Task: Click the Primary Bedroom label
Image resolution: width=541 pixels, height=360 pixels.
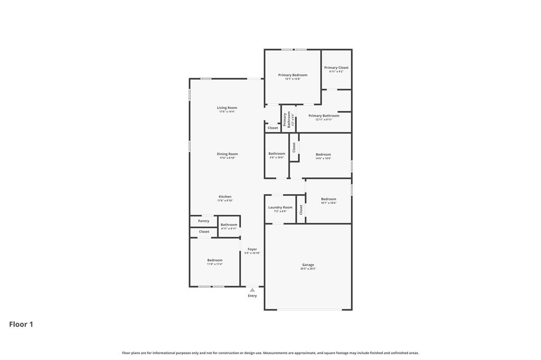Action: click(x=293, y=75)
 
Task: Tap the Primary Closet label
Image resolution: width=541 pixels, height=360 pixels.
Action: click(x=336, y=68)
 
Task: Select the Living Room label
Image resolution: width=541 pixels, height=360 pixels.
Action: click(x=227, y=108)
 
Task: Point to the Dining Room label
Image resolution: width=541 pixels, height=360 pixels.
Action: click(x=227, y=154)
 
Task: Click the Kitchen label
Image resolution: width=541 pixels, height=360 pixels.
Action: click(x=225, y=196)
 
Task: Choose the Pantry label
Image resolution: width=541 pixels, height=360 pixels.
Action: click(x=203, y=221)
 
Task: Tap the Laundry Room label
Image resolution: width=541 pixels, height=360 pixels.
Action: click(x=280, y=207)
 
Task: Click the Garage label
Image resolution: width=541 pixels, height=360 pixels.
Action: click(x=308, y=265)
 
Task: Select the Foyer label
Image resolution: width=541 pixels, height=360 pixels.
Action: click(x=252, y=249)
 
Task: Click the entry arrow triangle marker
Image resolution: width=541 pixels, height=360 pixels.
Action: click(x=253, y=290)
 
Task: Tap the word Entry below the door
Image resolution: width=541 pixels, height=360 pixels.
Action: click(x=253, y=296)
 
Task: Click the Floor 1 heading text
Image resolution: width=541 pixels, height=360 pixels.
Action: click(x=21, y=325)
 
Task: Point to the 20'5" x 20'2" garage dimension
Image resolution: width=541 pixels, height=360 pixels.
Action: click(x=308, y=269)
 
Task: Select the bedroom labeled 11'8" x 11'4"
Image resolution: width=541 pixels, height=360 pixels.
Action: click(x=214, y=260)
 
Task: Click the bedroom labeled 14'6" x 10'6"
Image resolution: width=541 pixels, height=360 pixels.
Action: click(x=323, y=155)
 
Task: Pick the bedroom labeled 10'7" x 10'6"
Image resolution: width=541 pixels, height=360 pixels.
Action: click(x=329, y=199)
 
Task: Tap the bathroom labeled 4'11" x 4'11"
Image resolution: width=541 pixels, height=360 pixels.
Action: click(x=229, y=225)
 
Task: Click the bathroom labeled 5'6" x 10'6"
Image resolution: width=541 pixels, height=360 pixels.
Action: click(x=277, y=154)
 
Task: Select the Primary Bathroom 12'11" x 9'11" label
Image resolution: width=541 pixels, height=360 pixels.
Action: click(x=324, y=116)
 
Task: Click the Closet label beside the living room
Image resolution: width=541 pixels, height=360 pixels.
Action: click(x=273, y=128)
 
